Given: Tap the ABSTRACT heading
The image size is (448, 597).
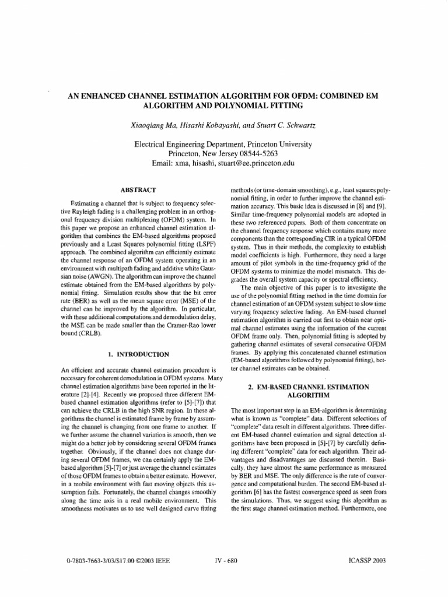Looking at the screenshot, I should [x=138, y=190].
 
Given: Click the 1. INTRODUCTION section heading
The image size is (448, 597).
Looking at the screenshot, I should [x=138, y=353].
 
